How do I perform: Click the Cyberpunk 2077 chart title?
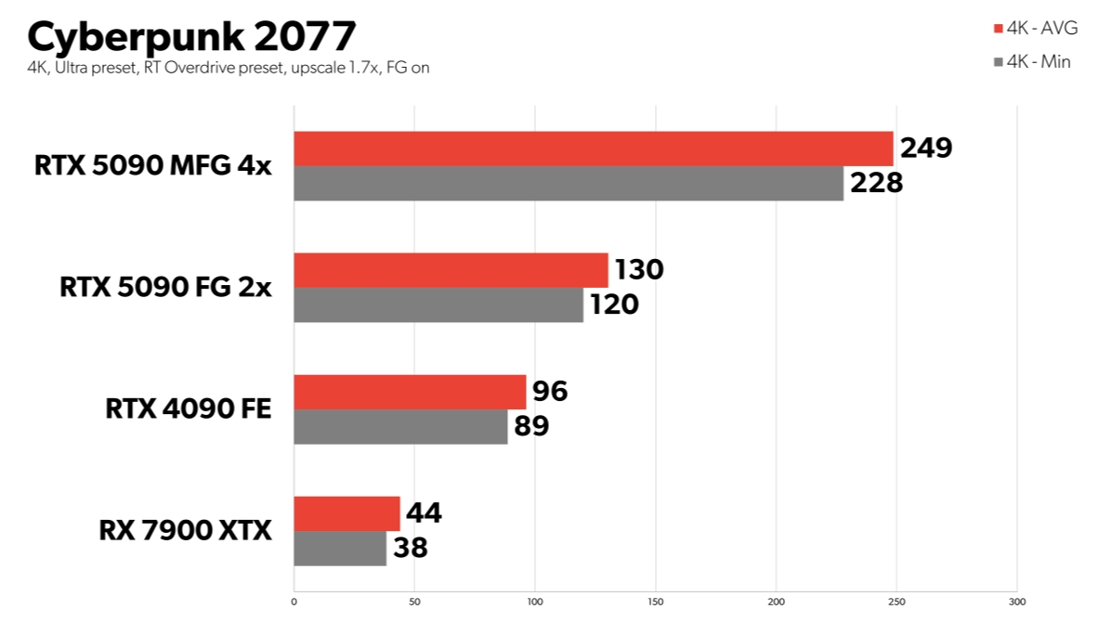point(190,36)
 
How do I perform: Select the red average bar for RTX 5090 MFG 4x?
point(593,149)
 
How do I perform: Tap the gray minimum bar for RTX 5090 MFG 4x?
point(569,183)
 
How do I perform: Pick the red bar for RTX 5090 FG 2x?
point(451,270)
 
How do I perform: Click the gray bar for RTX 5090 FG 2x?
point(438,305)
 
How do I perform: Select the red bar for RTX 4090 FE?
point(410,392)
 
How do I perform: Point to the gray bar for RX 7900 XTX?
point(340,548)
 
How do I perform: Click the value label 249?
point(925,148)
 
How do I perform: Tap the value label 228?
point(876,182)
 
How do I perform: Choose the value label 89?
point(531,426)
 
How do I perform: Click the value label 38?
point(410,548)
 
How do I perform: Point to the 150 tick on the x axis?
point(656,602)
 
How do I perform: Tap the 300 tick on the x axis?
point(1017,602)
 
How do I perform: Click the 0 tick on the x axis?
point(294,602)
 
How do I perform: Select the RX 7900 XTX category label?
point(186,531)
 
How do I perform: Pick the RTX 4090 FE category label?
point(189,408)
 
